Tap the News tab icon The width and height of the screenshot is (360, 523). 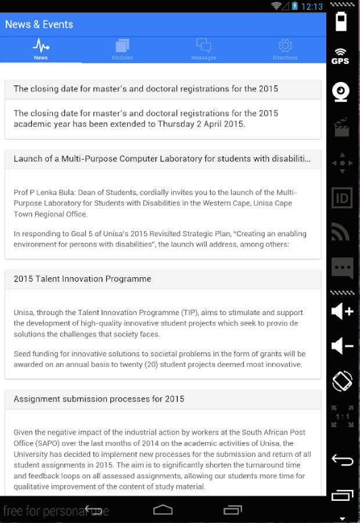click(x=41, y=46)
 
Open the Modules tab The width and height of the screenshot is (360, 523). click(x=122, y=46)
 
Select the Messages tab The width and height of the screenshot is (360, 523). click(x=203, y=46)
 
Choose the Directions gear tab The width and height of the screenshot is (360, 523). click(x=285, y=46)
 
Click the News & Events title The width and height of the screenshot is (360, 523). click(x=39, y=24)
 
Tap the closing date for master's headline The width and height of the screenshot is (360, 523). click(x=146, y=89)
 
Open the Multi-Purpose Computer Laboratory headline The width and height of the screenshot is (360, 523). click(x=162, y=159)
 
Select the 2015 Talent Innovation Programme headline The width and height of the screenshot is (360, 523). click(x=82, y=279)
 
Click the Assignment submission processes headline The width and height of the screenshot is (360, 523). click(x=99, y=399)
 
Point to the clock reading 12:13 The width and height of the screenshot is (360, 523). click(x=312, y=6)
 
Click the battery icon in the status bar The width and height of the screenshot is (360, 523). click(x=295, y=6)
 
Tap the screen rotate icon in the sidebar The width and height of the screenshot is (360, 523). click(x=342, y=381)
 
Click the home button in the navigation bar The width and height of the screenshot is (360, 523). click(x=163, y=510)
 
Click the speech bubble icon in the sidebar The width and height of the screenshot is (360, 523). click(x=342, y=268)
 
